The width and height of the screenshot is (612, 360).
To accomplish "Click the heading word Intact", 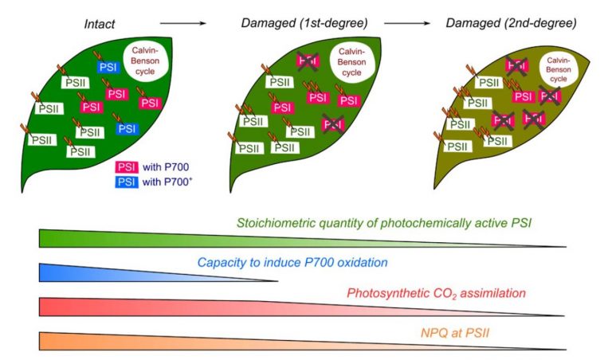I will click(100, 24).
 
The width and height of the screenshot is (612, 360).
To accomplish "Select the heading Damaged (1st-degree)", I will click(299, 24).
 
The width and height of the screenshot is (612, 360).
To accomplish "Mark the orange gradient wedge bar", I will click(199, 340).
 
